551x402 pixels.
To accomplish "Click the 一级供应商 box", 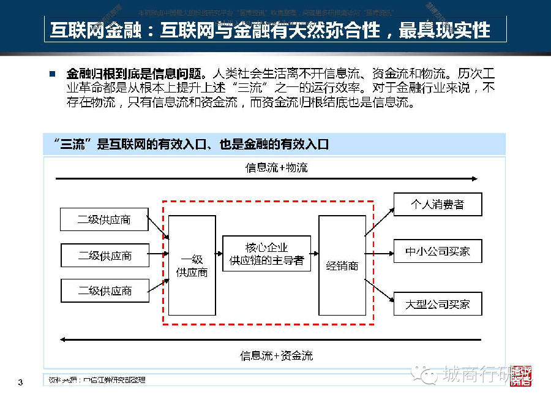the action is (x=192, y=265).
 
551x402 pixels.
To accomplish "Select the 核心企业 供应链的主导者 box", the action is (x=266, y=254).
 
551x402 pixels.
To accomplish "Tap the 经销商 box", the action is (x=342, y=265).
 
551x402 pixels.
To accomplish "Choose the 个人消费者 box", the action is (x=437, y=204).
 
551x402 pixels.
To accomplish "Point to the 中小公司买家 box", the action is (x=437, y=251).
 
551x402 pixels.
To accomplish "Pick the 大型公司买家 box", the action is (x=437, y=304).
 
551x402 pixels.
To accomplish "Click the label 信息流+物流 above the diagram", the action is (x=276, y=167).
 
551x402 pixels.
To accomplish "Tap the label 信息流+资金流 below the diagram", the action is (x=276, y=355).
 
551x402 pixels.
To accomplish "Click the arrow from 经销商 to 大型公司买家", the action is (x=380, y=291).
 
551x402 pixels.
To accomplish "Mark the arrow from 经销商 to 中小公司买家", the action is (x=380, y=252).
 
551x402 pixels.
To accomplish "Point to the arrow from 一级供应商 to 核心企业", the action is (x=219, y=252).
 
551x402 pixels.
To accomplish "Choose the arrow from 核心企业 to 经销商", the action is (x=315, y=252).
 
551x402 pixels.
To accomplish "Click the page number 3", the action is (x=20, y=383).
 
